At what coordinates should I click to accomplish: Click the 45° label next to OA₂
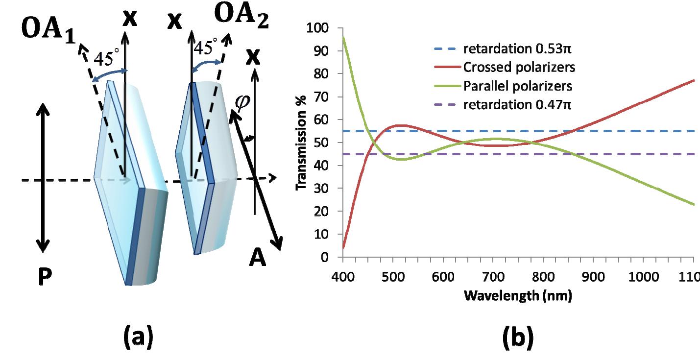click(206, 48)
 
